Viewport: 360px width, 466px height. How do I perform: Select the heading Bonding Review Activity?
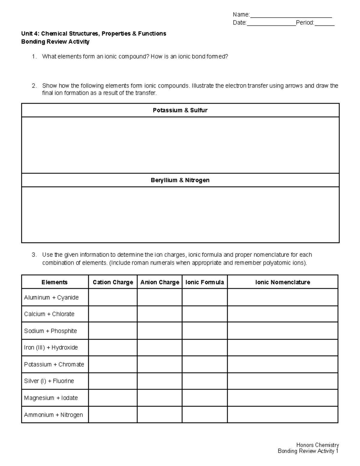coord(55,42)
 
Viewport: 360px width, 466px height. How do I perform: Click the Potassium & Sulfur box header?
coord(180,110)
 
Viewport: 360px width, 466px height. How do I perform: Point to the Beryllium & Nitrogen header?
coord(180,180)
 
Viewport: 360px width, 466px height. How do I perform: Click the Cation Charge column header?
coord(113,282)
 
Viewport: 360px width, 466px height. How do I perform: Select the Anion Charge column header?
coord(160,282)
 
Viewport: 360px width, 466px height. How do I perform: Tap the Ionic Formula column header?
coord(205,282)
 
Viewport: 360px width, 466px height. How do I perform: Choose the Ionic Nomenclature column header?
coord(282,282)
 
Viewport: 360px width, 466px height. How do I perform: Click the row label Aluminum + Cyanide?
coord(51,297)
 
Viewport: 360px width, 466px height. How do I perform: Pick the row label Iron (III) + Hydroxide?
coord(51,347)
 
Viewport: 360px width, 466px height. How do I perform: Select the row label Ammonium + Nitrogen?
coord(53,415)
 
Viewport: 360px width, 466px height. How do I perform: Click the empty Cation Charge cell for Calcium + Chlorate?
coord(113,314)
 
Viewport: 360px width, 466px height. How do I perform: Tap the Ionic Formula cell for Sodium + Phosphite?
coord(205,331)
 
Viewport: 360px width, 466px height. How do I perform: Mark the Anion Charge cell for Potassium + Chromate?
coord(160,364)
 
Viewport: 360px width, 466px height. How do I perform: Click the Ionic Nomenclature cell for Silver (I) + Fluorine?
coord(282,381)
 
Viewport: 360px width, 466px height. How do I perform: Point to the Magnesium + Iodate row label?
coord(51,398)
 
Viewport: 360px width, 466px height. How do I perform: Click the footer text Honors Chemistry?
coord(317,445)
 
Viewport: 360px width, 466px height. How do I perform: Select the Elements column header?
coord(55,282)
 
